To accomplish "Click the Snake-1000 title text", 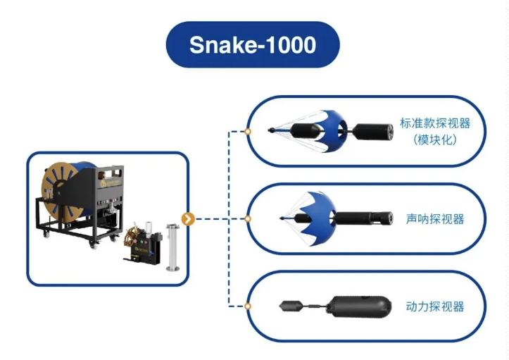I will click(x=253, y=45).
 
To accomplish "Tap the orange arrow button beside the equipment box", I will click(x=187, y=218).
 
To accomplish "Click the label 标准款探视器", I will click(x=434, y=123).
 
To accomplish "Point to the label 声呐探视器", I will click(x=435, y=218).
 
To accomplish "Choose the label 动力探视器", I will click(x=435, y=306).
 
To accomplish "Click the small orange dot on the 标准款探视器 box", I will click(x=248, y=131).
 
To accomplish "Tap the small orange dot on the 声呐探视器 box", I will click(x=248, y=218).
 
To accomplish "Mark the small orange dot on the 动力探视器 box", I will click(x=248, y=306).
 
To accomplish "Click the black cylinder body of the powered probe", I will click(x=358, y=306).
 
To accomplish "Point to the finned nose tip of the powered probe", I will click(x=291, y=306).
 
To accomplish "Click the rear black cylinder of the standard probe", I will click(x=376, y=130).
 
